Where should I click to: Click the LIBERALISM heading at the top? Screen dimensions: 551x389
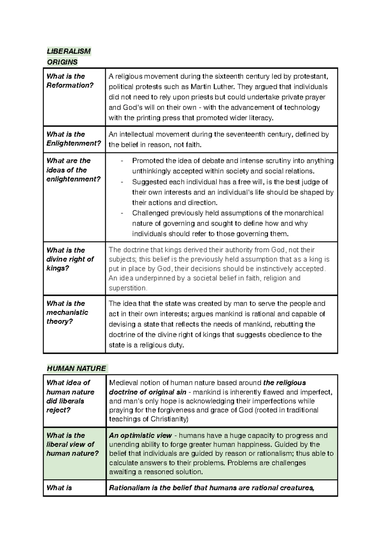pos(69,51)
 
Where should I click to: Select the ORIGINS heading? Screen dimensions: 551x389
pos(62,62)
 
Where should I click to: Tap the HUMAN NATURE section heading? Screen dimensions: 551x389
pos(77,368)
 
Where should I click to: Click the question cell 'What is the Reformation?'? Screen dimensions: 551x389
pos(70,81)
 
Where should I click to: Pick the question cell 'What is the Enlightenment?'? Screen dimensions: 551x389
pos(74,139)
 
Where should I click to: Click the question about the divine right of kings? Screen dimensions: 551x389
pos(70,259)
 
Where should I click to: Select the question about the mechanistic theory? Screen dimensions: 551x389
pos(67,312)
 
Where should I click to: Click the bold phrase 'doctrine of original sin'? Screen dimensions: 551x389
pos(147,392)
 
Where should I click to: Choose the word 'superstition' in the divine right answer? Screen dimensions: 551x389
pos(128,288)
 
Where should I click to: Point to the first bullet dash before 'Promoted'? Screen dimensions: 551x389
pos(122,161)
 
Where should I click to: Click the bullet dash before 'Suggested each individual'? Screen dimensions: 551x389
pos(122,182)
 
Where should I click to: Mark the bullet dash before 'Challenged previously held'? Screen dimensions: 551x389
pos(122,213)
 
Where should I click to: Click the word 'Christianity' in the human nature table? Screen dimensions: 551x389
pos(169,419)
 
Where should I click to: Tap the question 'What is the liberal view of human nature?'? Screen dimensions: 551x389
pos(72,444)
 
